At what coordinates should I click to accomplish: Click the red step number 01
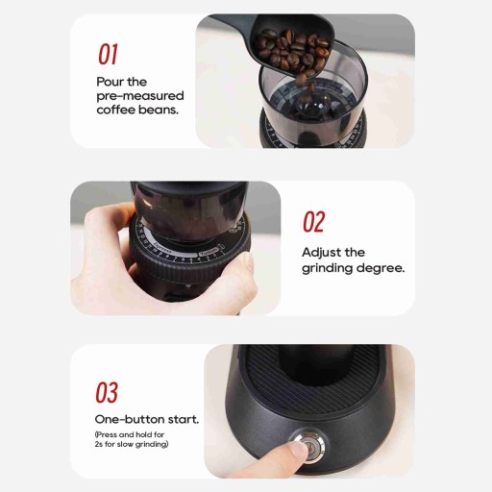[108, 54]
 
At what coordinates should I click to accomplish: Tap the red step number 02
[314, 222]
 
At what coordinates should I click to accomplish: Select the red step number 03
[107, 393]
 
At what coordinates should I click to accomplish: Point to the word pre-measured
[140, 96]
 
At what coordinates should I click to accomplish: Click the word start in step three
[184, 419]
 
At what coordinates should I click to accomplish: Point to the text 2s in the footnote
[98, 444]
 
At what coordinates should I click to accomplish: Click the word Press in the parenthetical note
[107, 434]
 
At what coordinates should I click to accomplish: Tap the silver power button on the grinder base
[310, 445]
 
